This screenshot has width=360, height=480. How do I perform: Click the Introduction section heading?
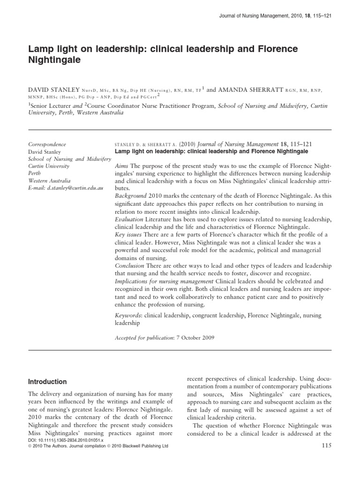click(x=48, y=382)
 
